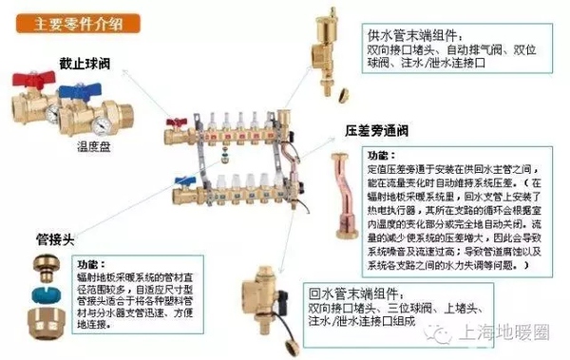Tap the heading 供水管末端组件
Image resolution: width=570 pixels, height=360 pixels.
coord(411,32)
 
